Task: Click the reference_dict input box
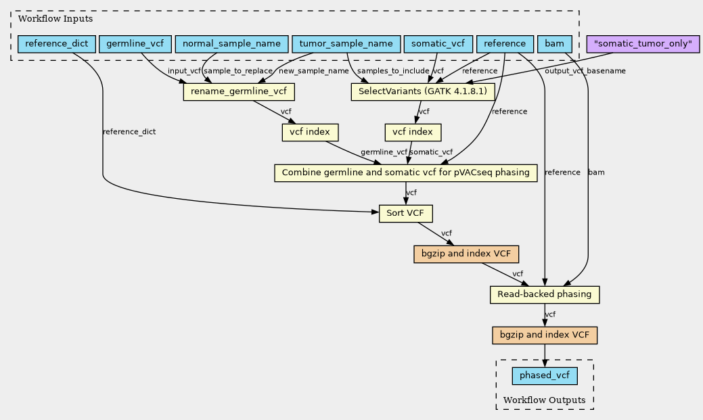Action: (x=56, y=44)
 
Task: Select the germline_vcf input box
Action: (x=135, y=44)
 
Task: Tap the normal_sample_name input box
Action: (x=231, y=44)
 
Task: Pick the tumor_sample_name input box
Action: (x=346, y=44)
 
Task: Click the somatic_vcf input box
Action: (x=438, y=44)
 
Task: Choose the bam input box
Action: (x=555, y=44)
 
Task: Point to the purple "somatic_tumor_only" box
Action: (x=643, y=44)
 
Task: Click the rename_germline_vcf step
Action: (x=239, y=92)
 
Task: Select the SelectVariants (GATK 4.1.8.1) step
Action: (x=423, y=92)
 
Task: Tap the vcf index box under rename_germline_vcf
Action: (x=310, y=133)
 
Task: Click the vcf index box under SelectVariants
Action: (x=413, y=133)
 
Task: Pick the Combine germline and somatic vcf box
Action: (x=406, y=172)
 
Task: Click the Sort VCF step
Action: (x=406, y=213)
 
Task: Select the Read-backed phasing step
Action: (x=545, y=294)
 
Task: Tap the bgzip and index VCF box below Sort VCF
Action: (x=466, y=254)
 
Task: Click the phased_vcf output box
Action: (x=545, y=375)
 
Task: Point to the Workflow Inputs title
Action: (x=55, y=19)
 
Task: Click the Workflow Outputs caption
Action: (x=544, y=400)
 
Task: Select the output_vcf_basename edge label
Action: (x=585, y=71)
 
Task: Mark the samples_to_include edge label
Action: (x=393, y=71)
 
